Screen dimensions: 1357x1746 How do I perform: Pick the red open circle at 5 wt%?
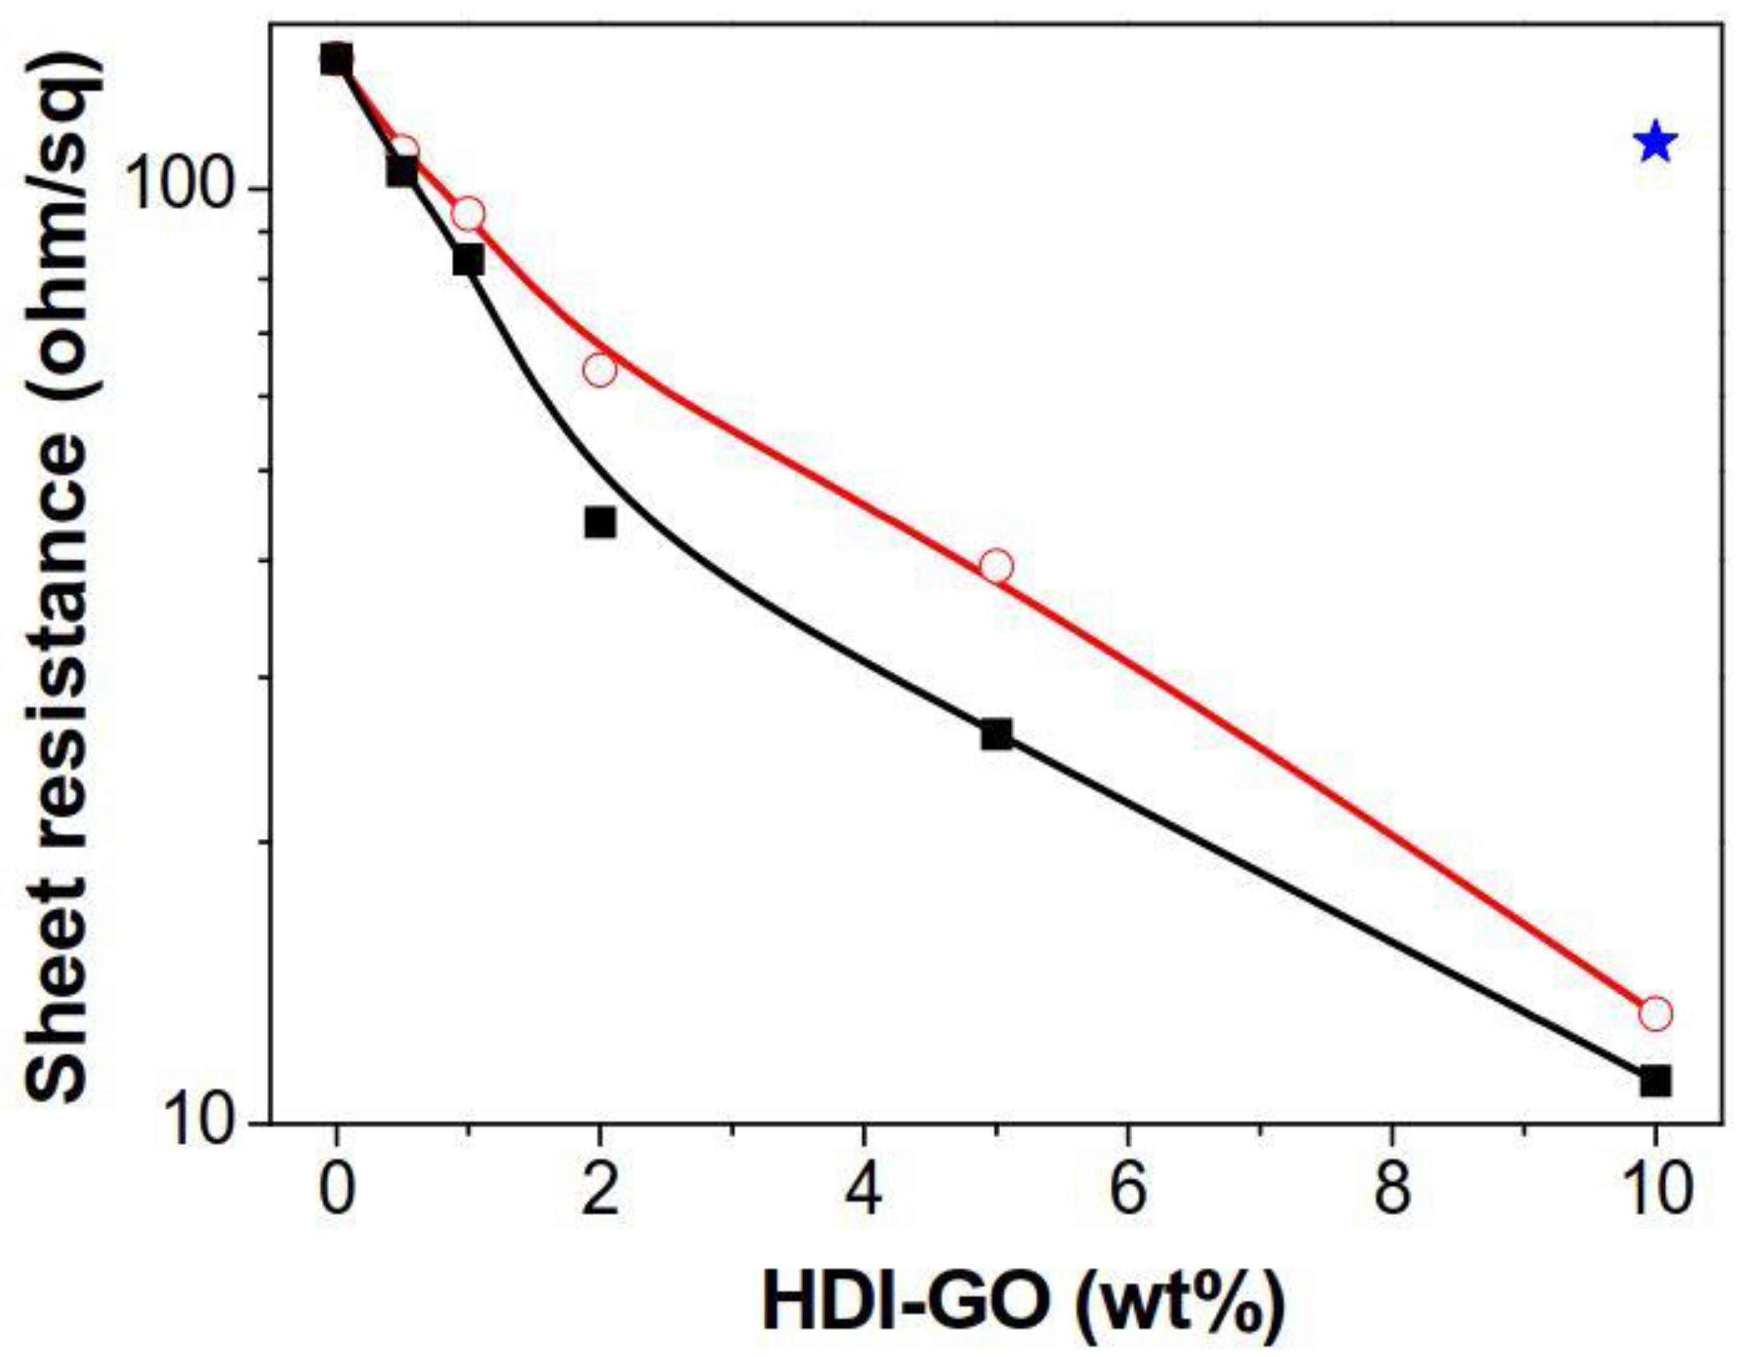coord(996,566)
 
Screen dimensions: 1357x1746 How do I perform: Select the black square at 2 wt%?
coord(600,522)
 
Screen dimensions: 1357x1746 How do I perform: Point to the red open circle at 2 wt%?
coord(600,369)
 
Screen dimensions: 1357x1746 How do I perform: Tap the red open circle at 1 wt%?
coord(468,213)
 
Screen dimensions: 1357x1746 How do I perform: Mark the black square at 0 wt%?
coord(336,59)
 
